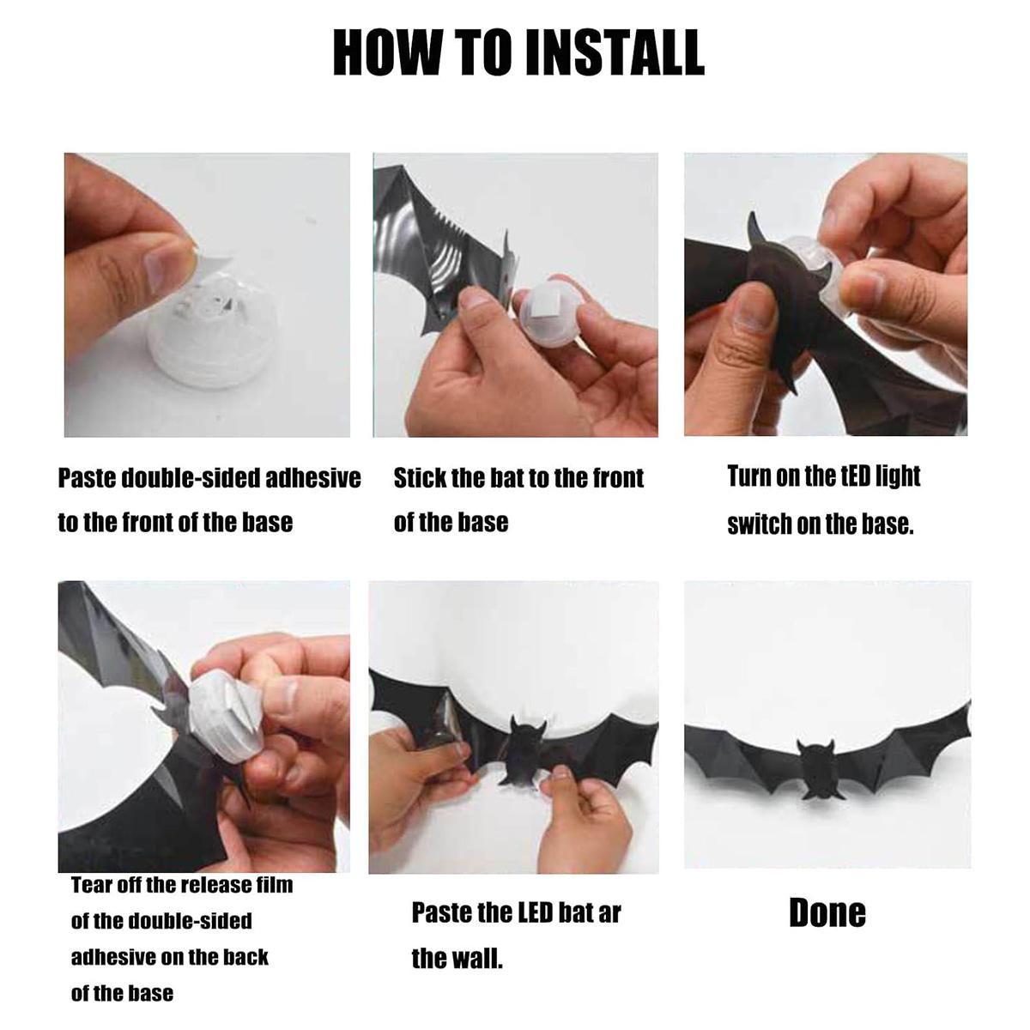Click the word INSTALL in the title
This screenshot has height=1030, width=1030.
click(615, 52)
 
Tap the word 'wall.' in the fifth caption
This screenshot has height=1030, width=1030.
click(479, 959)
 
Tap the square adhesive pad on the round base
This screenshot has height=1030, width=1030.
click(548, 316)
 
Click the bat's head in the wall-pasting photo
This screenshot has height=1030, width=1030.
click(528, 736)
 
